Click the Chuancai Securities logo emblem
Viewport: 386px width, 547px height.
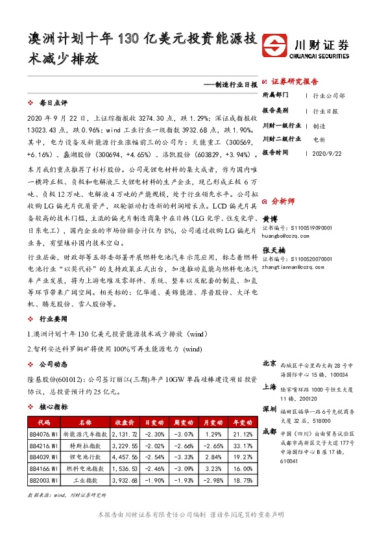click(279, 46)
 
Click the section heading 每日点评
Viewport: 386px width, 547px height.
click(53, 103)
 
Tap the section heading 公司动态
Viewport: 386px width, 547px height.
click(53, 364)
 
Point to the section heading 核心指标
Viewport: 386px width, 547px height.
click(53, 407)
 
